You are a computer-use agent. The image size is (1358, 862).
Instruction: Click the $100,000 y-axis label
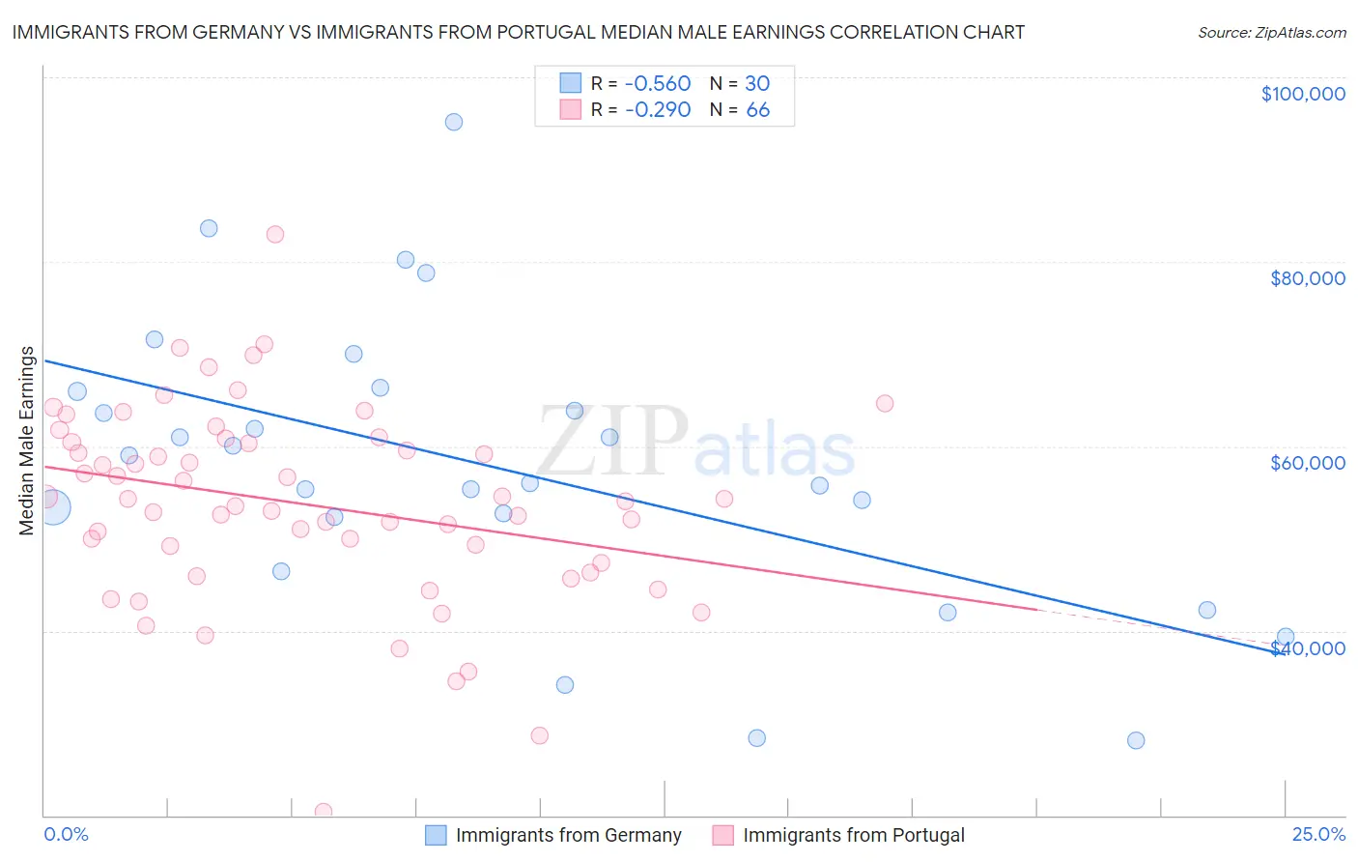click(1302, 94)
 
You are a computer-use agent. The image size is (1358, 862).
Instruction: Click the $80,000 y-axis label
click(1307, 278)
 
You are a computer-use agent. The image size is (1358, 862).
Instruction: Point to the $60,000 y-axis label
click(1307, 463)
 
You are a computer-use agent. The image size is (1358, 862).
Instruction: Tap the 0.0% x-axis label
click(66, 834)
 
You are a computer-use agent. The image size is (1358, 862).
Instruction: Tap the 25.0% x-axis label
click(1318, 834)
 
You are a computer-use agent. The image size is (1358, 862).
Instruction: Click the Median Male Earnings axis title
click(27, 440)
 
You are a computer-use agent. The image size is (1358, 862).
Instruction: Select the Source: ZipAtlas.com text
click(1271, 32)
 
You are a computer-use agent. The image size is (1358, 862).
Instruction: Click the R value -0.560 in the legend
click(658, 83)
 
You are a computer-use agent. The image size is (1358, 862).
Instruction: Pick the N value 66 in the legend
click(757, 109)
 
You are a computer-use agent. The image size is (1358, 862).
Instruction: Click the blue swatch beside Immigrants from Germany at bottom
click(436, 835)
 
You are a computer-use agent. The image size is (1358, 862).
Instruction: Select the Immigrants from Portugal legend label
click(853, 835)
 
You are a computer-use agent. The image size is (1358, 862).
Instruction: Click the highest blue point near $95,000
click(453, 122)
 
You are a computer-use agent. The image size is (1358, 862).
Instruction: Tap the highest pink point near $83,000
click(275, 234)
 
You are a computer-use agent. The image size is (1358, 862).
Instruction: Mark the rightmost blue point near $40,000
click(1285, 637)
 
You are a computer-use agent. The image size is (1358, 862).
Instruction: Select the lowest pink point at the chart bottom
click(324, 812)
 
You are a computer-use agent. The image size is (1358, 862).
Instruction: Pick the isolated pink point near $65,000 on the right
click(885, 403)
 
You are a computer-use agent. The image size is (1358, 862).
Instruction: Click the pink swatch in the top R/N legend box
click(571, 109)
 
